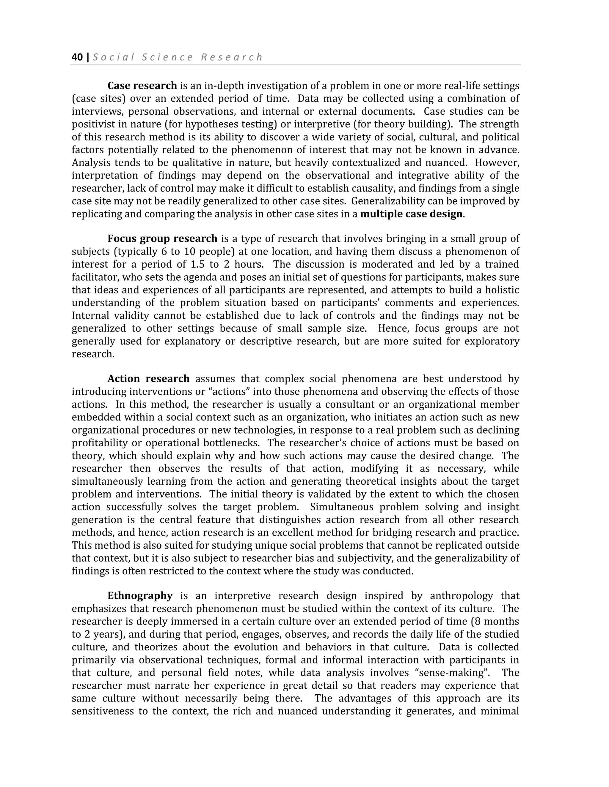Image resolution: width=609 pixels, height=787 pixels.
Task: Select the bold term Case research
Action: click(142, 86)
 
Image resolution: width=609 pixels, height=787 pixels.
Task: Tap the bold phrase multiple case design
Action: click(411, 214)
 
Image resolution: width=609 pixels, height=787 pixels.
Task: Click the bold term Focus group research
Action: click(162, 239)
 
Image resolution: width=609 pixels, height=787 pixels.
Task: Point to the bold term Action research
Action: click(148, 379)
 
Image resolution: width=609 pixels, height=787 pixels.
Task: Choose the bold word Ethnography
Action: click(140, 596)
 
